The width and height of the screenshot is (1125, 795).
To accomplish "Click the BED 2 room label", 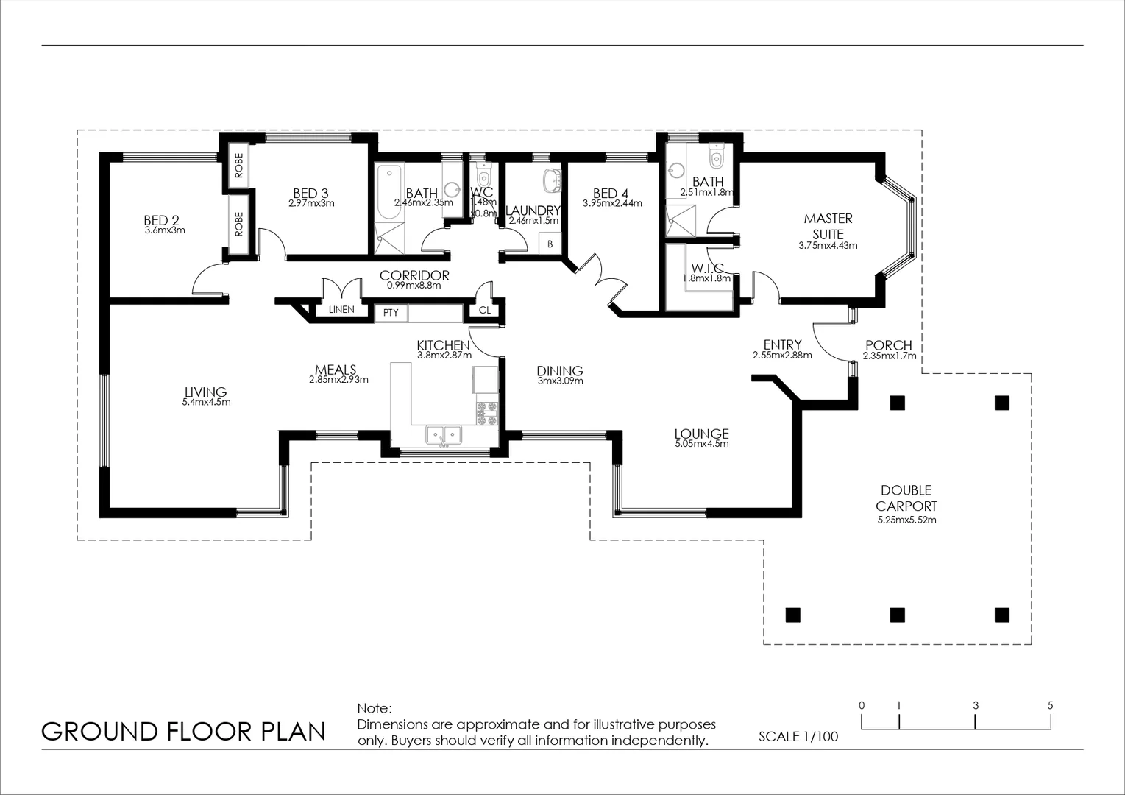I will tap(161, 220).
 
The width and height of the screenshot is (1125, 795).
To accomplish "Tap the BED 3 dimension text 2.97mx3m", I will tap(311, 204).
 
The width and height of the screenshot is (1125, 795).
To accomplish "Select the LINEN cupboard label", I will tap(341, 309).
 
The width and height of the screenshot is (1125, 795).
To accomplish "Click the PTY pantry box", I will tap(391, 313).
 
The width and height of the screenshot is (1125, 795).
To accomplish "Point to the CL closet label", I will tap(484, 311).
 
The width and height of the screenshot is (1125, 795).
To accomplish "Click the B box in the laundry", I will tap(550, 244).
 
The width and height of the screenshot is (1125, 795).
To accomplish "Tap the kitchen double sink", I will tap(443, 435).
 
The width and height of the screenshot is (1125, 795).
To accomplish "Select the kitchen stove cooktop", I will tap(486, 414).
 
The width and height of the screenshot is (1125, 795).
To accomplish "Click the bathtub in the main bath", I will tap(388, 194).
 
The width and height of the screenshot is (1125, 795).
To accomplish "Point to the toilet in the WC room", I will tap(483, 177).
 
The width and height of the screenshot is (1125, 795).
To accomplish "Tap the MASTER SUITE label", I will tap(828, 226).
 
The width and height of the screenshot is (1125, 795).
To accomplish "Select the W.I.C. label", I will tap(707, 268).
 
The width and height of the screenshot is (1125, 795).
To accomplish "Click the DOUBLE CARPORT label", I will tap(906, 498).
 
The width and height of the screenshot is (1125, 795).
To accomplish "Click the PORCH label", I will tap(888, 345).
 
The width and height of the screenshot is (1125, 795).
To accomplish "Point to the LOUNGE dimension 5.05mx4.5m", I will tap(701, 445).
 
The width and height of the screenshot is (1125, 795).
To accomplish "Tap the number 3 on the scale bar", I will tap(976, 705).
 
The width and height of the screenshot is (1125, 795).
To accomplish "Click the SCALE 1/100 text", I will tap(798, 736).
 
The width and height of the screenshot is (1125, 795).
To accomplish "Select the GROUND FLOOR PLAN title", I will tap(183, 732).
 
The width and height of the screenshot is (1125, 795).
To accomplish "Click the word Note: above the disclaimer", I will tap(375, 709).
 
